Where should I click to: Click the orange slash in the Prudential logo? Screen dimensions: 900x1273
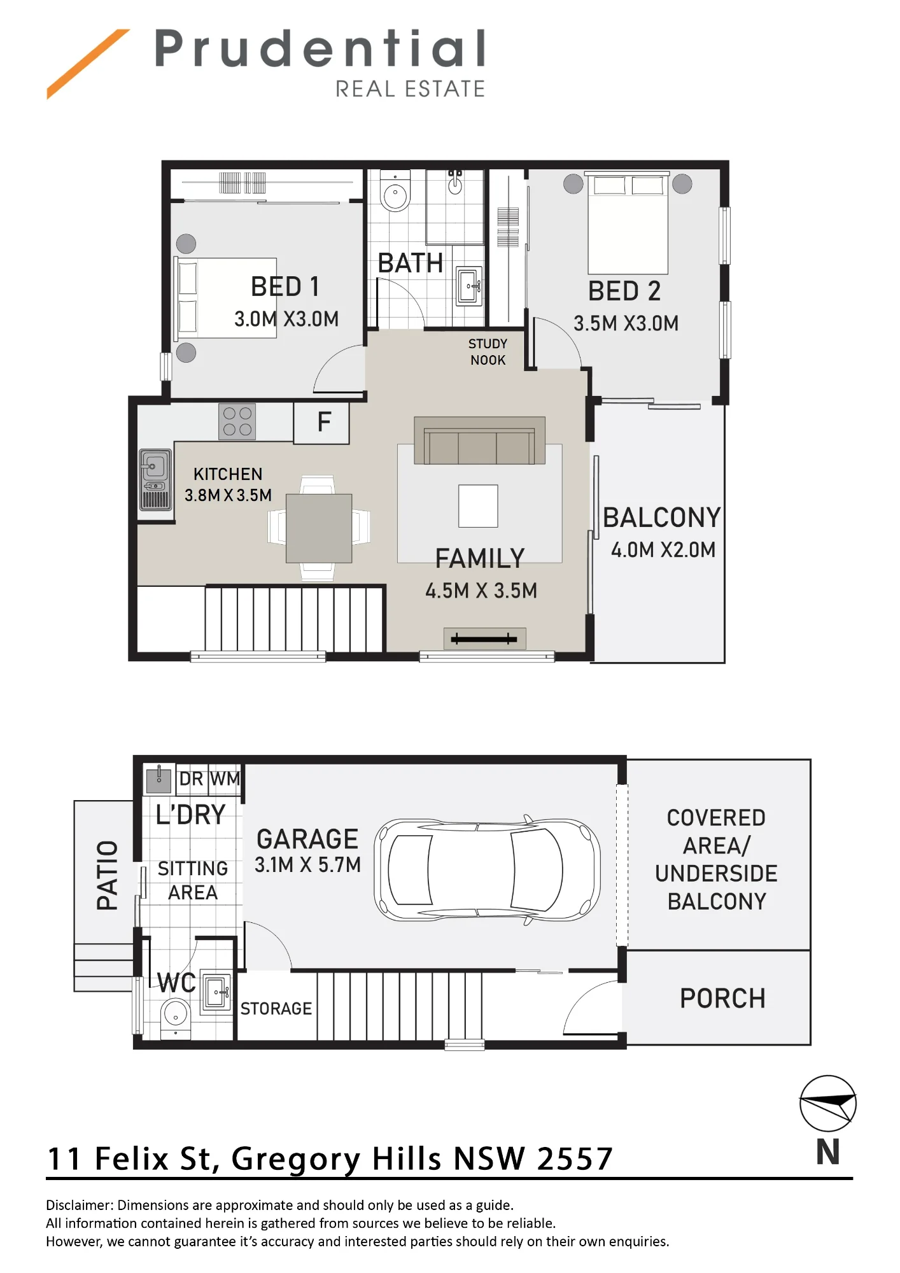(88, 64)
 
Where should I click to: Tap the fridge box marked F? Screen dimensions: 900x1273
(321, 423)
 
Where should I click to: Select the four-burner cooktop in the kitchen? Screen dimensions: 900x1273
(237, 421)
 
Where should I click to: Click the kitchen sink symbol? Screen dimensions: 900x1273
(155, 480)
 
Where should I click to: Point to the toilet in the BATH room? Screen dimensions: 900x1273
(395, 191)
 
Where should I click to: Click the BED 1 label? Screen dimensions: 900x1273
(285, 287)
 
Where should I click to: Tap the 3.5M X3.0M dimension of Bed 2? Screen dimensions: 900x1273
(626, 323)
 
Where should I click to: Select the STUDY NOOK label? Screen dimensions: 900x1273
(488, 352)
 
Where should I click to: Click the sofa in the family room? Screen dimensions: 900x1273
(479, 440)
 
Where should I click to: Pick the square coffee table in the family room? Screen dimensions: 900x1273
(478, 506)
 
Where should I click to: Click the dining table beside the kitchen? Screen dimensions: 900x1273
(319, 528)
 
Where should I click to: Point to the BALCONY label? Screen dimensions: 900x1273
(662, 517)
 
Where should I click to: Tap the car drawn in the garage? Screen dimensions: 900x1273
(487, 869)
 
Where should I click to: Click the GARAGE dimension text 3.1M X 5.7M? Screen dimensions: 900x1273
(307, 864)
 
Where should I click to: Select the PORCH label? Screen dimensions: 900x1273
(722, 998)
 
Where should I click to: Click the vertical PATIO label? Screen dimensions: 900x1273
(107, 875)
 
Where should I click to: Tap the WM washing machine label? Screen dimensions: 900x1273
(225, 778)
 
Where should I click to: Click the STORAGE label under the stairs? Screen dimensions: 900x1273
(276, 1009)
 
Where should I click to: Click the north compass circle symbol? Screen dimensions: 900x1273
(828, 1104)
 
